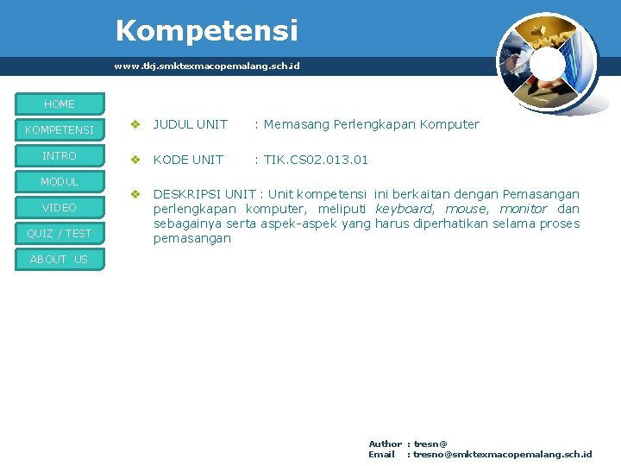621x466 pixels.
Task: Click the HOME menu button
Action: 60,104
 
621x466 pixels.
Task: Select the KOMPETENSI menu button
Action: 60,130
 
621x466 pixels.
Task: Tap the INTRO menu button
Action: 60,156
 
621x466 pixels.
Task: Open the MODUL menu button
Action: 60,182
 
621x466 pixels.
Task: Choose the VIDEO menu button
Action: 60,208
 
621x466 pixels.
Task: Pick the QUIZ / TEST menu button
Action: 60,234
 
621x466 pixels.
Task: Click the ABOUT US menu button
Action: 60,260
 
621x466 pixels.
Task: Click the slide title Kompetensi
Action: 207,31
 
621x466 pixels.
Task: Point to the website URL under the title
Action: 207,66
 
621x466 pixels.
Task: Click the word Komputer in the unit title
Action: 449,124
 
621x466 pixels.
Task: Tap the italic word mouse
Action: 466,209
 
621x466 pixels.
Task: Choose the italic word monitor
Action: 524,209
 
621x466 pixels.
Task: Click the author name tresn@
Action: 430,444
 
